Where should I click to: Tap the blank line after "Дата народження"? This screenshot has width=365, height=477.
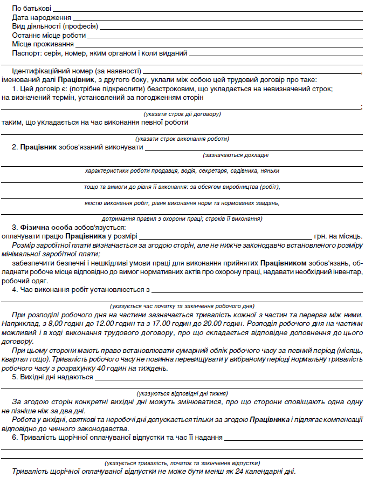click(x=216, y=19)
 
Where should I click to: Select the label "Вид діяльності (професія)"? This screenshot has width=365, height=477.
click(x=54, y=26)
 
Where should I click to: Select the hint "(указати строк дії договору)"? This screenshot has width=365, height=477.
click(x=182, y=114)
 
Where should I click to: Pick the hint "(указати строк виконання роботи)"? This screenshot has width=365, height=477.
click(x=182, y=139)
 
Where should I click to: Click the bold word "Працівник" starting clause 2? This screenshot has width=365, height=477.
click(x=38, y=147)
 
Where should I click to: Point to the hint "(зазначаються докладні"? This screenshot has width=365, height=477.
click(x=236, y=155)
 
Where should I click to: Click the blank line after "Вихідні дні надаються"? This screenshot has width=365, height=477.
click(x=229, y=378)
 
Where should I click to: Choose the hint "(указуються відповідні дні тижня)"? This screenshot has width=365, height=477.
click(x=182, y=393)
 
